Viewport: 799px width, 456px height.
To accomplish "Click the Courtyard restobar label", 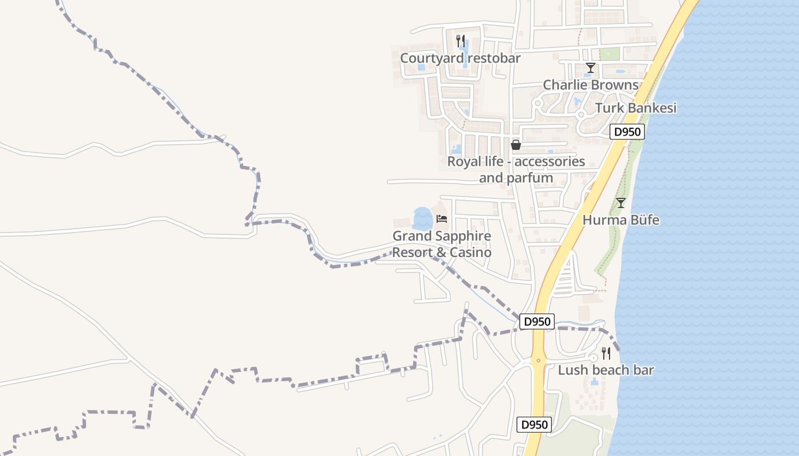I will (460, 58).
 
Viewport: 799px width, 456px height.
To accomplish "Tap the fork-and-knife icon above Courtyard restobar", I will (461, 40).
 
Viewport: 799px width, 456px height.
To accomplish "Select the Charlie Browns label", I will (590, 85).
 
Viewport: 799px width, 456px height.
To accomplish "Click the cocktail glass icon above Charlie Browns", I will (590, 68).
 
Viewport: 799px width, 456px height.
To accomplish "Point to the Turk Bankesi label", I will (635, 108).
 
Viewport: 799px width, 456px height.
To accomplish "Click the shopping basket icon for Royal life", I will (516, 145).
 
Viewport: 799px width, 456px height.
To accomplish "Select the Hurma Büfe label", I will (621, 220).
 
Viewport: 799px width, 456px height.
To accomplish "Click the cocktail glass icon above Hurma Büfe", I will (621, 203).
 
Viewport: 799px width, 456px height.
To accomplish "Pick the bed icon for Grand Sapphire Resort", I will (442, 219).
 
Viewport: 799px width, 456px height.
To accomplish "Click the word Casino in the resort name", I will (470, 252).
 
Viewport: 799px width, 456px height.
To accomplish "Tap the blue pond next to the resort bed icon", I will (423, 218).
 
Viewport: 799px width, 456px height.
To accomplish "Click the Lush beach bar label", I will (606, 370).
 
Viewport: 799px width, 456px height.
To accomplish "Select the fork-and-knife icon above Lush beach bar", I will (606, 353).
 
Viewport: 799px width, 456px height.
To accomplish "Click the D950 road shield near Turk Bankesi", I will (627, 132).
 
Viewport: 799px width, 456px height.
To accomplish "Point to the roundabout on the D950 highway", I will (538, 360).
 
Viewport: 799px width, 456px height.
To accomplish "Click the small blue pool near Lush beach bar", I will (595, 382).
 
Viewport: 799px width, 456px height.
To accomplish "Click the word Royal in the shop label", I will (463, 162).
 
